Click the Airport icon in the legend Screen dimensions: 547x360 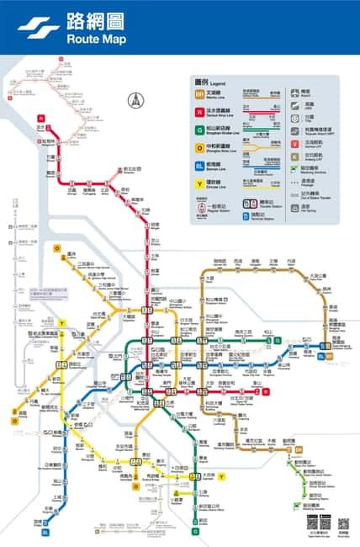[x=295, y=91]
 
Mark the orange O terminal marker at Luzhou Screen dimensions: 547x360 [x=56, y=249]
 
